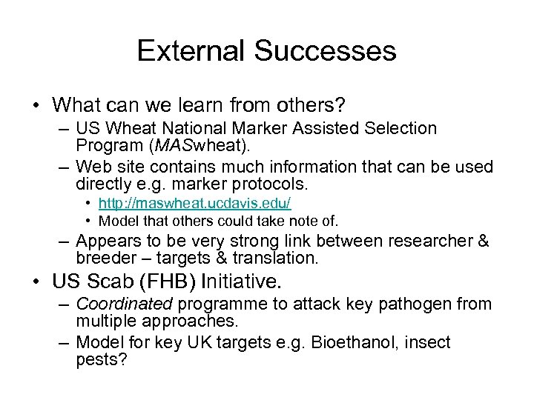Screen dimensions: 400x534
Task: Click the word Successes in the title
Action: pos(325,51)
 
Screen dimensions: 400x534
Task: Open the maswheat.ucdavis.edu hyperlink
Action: pos(195,202)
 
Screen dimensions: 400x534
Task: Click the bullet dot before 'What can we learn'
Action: pos(36,102)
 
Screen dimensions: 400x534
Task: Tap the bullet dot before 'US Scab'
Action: pos(36,281)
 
